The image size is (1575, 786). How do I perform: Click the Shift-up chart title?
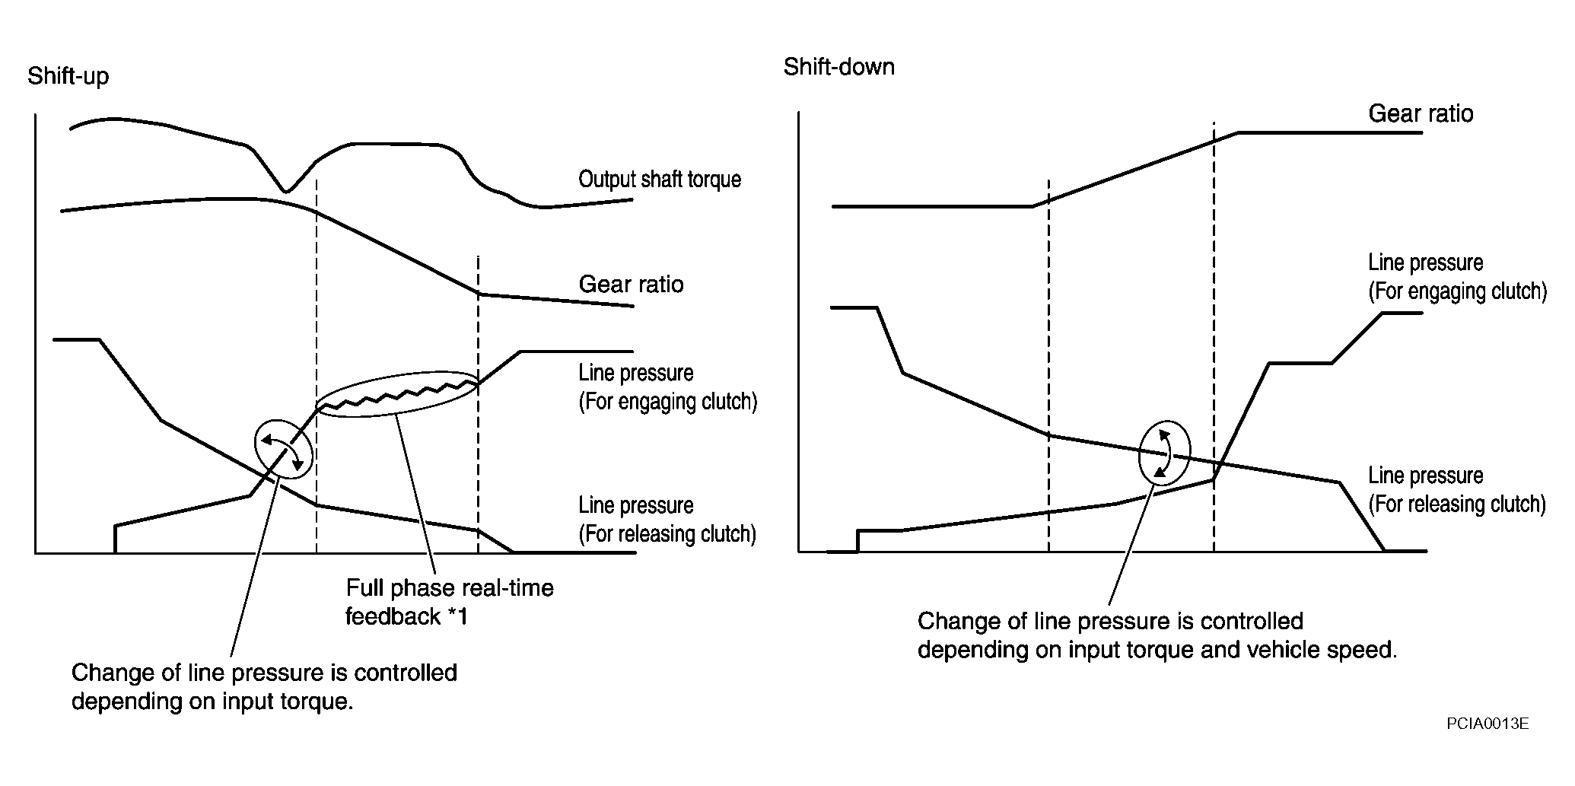[x=68, y=78]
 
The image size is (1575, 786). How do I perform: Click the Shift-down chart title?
[x=839, y=67]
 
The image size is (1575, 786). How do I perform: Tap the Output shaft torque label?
[x=660, y=180]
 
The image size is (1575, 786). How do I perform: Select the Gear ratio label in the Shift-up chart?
[x=631, y=285]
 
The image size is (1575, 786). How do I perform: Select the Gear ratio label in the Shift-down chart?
[x=1421, y=114]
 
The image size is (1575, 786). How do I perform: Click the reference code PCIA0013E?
[x=1487, y=724]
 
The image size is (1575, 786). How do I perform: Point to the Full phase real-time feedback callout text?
[x=450, y=602]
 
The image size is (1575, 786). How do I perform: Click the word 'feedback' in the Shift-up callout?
[x=393, y=616]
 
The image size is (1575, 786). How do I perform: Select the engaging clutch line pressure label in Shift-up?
[x=667, y=387]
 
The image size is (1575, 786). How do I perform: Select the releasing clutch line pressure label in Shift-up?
[x=667, y=520]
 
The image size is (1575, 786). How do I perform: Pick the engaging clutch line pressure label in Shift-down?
[x=1457, y=277]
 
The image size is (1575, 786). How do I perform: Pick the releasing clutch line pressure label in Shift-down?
[x=1457, y=490]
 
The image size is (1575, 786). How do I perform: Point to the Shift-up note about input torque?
[x=264, y=686]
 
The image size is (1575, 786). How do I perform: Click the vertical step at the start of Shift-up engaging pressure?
[x=115, y=538]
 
